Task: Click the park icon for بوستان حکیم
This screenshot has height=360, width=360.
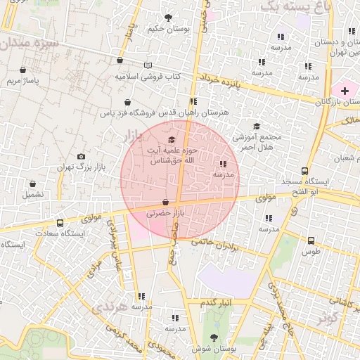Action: click(167, 18)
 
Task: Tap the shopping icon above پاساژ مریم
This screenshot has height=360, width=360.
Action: click(24, 70)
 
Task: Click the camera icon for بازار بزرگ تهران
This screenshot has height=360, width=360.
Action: click(81, 156)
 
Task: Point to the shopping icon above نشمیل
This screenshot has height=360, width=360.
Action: click(32, 183)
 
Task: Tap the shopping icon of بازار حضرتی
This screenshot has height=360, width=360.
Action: click(165, 202)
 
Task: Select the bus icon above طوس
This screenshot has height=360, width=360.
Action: click(310, 240)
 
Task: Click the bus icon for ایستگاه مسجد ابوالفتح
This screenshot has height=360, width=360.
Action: click(304, 171)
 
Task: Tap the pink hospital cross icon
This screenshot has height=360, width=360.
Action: click(345, 90)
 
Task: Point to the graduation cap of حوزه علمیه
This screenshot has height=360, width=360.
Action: click(172, 140)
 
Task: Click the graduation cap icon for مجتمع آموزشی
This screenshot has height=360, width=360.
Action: click(257, 127)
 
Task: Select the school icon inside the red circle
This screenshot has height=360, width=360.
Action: click(223, 163)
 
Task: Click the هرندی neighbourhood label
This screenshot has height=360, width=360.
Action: click(110, 309)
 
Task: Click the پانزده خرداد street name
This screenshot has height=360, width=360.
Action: click(229, 82)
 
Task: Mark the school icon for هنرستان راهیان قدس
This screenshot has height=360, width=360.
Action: click(193, 102)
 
